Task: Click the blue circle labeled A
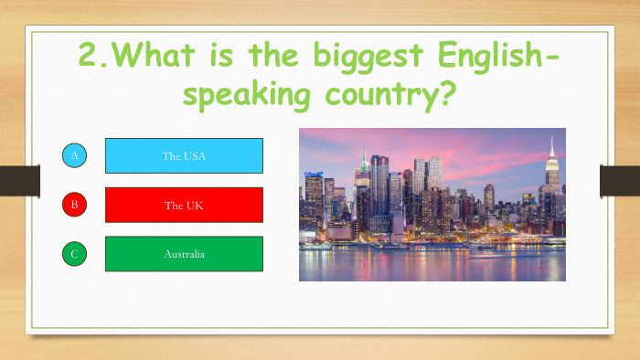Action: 75,156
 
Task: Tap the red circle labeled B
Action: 75,205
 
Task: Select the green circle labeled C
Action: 75,254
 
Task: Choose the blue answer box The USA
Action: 184,156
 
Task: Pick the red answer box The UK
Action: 184,205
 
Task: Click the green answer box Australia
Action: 184,254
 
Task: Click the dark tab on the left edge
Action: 18,180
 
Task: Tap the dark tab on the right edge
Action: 619,180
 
